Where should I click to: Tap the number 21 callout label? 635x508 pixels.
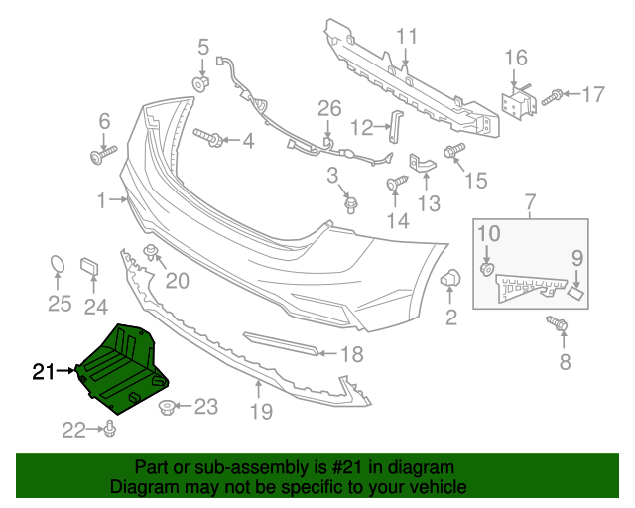(43, 372)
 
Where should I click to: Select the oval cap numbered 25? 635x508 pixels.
(60, 266)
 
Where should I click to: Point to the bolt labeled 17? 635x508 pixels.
(555, 96)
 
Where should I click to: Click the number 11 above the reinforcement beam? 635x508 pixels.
(408, 38)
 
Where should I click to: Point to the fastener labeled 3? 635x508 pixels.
(350, 204)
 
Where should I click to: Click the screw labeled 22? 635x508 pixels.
(111, 429)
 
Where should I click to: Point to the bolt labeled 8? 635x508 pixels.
(556, 324)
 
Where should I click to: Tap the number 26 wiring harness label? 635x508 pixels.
(328, 108)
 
